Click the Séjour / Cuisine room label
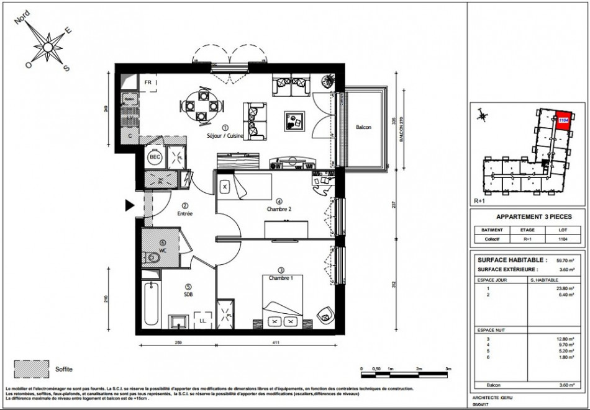click(x=225, y=135)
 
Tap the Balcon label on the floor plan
click(x=363, y=127)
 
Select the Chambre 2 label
click(x=279, y=209)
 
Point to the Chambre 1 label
click(x=281, y=277)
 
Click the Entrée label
click(x=184, y=213)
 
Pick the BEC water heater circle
click(x=154, y=158)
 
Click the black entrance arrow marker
click(x=130, y=205)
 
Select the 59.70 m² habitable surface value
click(x=564, y=261)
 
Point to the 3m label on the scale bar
click(x=448, y=368)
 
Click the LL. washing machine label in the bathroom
click(x=202, y=321)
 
